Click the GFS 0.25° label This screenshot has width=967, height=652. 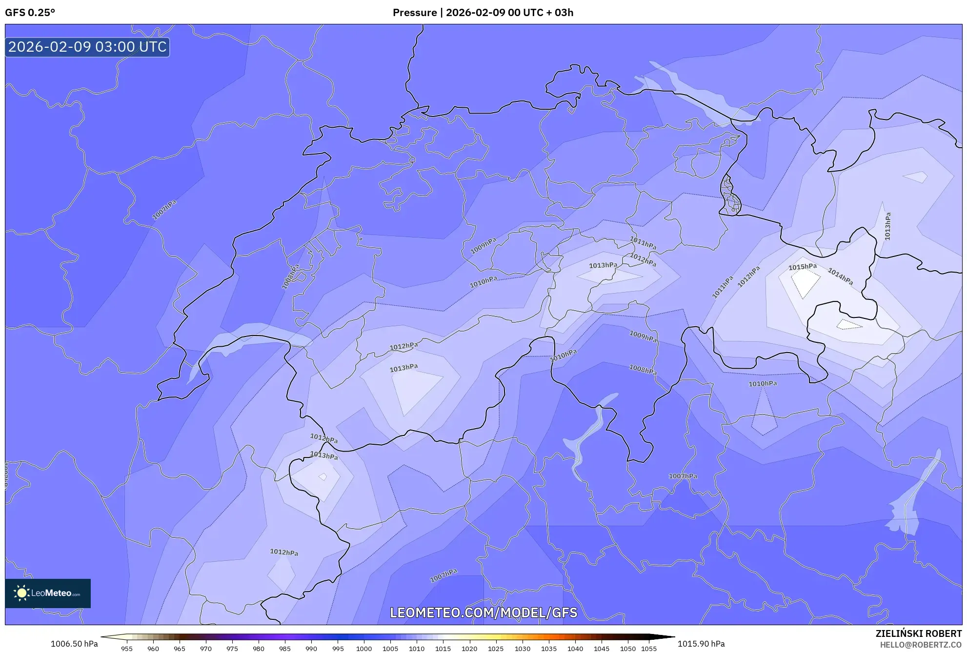(30, 13)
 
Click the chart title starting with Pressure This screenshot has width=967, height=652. (483, 13)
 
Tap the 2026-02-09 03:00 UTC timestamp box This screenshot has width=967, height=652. (87, 47)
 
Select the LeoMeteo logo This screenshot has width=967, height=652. (48, 593)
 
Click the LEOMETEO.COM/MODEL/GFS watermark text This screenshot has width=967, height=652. (483, 612)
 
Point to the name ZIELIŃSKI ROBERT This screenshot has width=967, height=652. (918, 633)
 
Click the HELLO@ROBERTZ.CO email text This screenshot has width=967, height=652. (920, 645)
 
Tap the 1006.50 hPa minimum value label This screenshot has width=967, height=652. (74, 644)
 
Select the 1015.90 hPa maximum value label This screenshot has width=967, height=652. (701, 644)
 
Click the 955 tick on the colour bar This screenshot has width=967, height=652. (127, 649)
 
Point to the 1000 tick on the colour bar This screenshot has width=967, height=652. (364, 649)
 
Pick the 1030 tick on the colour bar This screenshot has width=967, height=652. (522, 649)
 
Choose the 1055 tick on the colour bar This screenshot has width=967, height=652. (648, 649)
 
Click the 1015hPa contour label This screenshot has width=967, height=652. (803, 267)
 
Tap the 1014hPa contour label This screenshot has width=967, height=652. (840, 277)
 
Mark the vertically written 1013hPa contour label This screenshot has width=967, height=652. (887, 226)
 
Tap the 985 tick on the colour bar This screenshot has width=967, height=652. (285, 649)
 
